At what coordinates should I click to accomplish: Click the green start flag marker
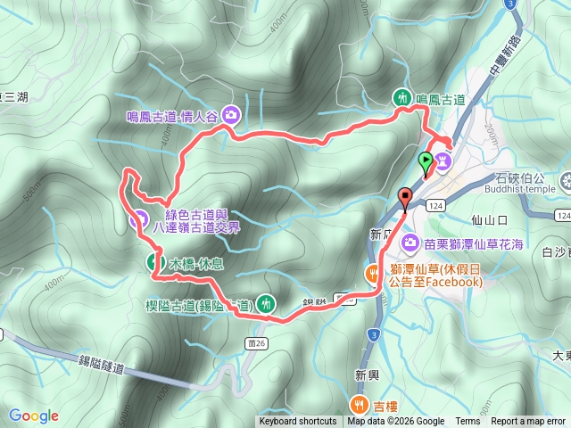coord(426,161)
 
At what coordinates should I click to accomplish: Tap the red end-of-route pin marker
coord(405,198)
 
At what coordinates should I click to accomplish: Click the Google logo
coord(34,416)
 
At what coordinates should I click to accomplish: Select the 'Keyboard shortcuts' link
coord(298,422)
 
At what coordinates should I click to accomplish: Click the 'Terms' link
coord(468,422)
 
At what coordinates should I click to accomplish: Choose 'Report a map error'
coord(528,422)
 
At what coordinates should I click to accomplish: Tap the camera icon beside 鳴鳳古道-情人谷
coord(231,114)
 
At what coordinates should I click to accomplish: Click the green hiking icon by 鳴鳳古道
coord(401,98)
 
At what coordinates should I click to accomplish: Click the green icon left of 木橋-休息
coord(154,261)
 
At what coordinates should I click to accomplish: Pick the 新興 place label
coord(368,374)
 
